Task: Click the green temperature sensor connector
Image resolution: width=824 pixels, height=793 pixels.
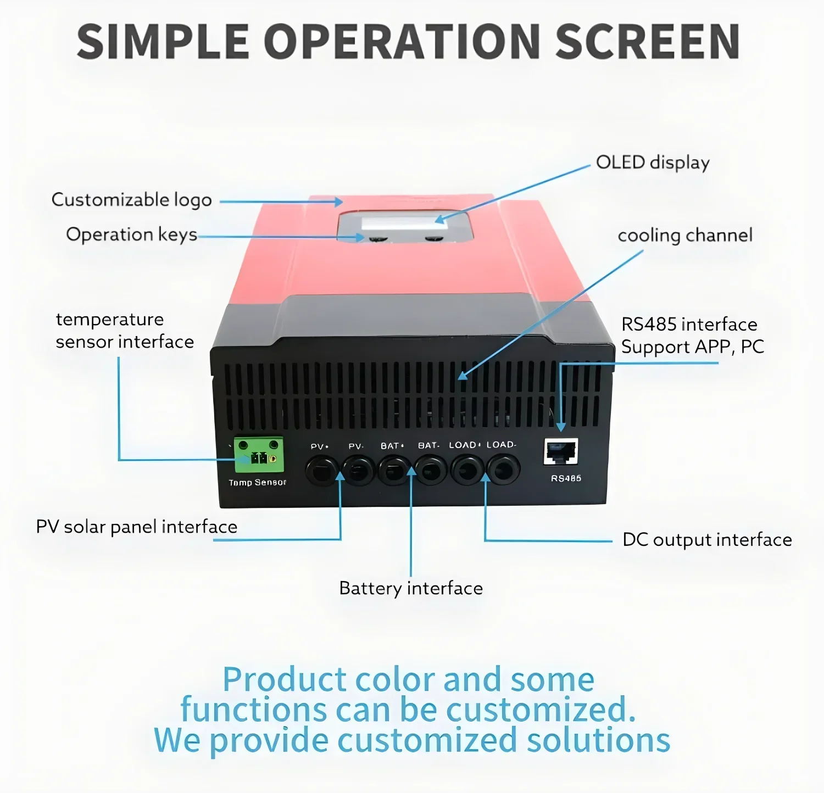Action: point(259,455)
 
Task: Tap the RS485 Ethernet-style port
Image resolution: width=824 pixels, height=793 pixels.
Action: point(561,451)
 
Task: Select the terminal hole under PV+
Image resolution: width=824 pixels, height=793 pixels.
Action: point(321,471)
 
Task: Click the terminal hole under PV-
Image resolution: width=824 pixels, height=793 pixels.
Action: point(358,471)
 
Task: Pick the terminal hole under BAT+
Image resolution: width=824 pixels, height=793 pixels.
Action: point(394,471)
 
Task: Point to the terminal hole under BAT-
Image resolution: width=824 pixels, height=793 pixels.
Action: point(430,471)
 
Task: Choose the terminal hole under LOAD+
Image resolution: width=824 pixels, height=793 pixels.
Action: point(467,470)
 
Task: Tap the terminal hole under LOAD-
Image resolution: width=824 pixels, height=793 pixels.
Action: point(503,470)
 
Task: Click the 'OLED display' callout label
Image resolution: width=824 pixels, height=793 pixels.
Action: point(653,163)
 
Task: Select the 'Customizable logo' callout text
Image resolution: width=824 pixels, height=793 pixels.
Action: point(131,200)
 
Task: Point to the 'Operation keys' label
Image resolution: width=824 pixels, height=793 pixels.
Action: point(131,234)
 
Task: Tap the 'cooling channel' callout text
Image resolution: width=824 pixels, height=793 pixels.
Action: point(684,236)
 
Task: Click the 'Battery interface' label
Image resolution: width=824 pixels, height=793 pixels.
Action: point(411,588)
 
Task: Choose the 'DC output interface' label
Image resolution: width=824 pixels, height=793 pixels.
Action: point(707,540)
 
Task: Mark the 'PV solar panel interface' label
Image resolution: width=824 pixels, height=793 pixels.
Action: point(136,527)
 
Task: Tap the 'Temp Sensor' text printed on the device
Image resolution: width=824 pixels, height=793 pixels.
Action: point(257,483)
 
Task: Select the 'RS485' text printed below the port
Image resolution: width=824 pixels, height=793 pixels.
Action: point(566,478)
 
